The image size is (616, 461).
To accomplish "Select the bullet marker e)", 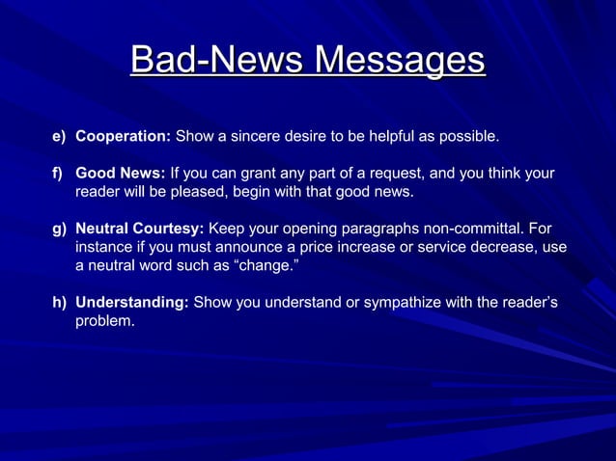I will tap(59, 137).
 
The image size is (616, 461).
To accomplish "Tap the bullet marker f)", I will tap(58, 174).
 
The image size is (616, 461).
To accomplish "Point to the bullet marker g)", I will tap(59, 229).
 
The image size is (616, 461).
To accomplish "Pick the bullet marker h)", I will tap(59, 303).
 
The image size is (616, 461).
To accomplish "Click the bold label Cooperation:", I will tap(123, 137).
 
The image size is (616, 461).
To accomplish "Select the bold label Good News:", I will tap(120, 174).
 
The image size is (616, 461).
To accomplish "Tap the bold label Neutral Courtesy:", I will tap(139, 229).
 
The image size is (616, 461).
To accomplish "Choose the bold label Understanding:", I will tap(131, 303).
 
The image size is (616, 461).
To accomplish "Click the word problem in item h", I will tap(104, 321).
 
